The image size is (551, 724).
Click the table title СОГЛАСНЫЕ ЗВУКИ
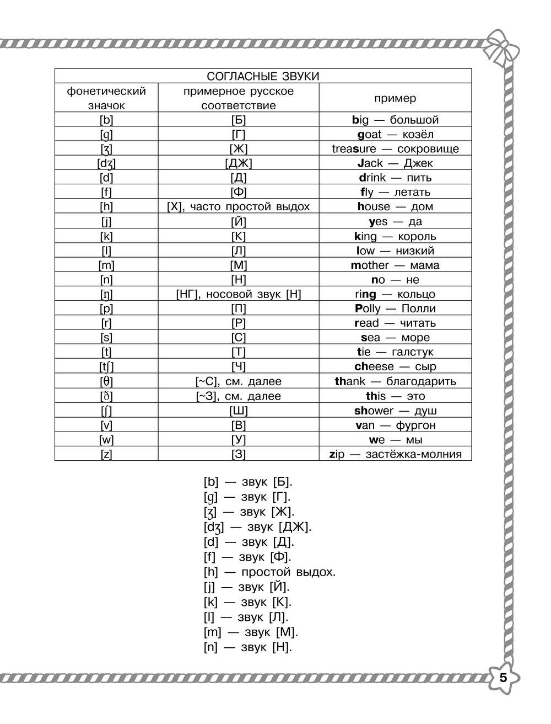coord(263,76)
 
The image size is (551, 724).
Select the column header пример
coord(395,98)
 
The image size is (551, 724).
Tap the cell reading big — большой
coord(395,120)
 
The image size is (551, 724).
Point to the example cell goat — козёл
coord(395,134)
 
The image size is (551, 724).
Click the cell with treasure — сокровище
coord(395,148)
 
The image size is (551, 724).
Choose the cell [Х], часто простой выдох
coord(238,206)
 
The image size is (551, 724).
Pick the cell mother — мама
coord(395,265)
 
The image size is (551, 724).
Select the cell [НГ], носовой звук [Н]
coord(238,294)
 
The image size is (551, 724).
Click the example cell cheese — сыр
coord(395,366)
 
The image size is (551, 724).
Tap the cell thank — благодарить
coord(395,381)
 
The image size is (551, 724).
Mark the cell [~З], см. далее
coord(238,396)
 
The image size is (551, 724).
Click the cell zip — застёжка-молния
coord(395,454)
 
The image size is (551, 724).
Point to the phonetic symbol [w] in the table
coord(106,440)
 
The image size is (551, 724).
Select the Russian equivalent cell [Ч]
coord(238,366)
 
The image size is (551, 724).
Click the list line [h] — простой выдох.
coord(269,572)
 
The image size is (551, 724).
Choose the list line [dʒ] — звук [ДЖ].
coord(257,526)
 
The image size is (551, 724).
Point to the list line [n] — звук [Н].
coord(247,647)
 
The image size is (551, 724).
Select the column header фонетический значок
coord(106,98)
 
